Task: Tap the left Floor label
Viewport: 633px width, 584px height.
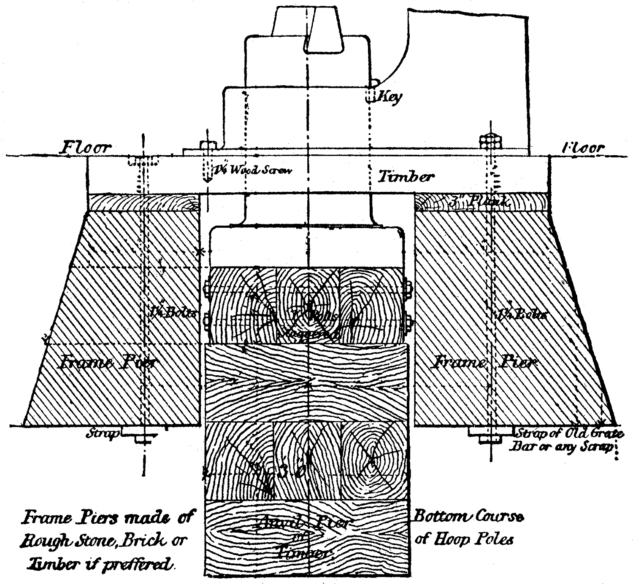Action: click(x=86, y=148)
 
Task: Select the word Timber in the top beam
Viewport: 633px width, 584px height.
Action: click(x=406, y=176)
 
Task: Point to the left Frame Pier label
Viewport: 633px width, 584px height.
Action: click(x=109, y=362)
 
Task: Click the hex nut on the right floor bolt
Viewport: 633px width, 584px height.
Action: click(x=491, y=141)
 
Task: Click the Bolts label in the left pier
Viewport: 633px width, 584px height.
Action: click(x=174, y=312)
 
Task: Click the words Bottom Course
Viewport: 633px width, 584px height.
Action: click(x=469, y=517)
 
